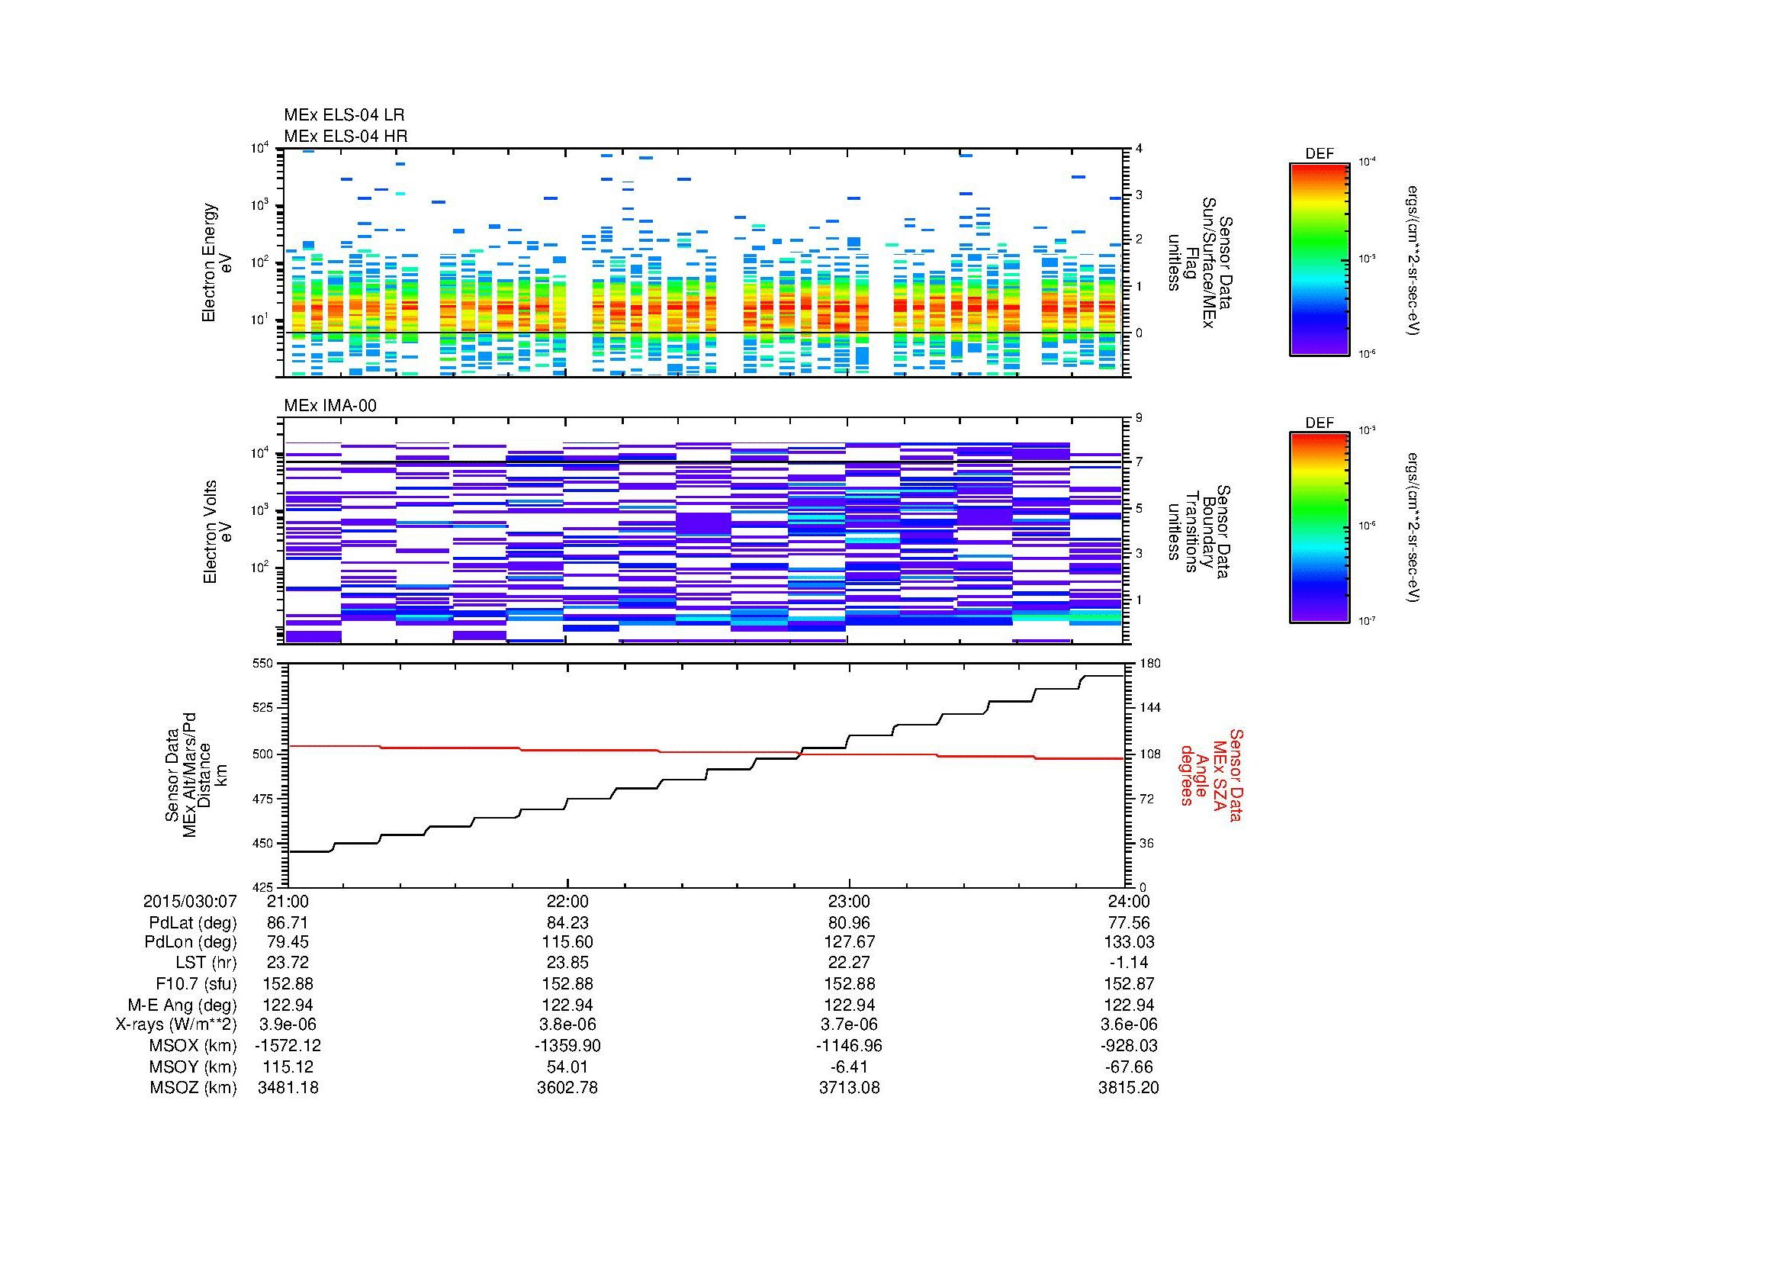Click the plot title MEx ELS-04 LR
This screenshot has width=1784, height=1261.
pyautogui.click(x=343, y=115)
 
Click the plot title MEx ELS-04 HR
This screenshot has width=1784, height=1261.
pyautogui.click(x=345, y=136)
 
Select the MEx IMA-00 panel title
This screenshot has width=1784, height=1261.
pyautogui.click(x=329, y=406)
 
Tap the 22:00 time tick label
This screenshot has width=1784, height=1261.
pyautogui.click(x=567, y=901)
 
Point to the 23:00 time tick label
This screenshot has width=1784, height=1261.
pyautogui.click(x=848, y=901)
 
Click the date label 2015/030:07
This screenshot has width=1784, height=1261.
pyautogui.click(x=190, y=901)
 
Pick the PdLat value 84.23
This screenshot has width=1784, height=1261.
pyautogui.click(x=567, y=923)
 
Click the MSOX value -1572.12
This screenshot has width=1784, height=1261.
pyautogui.click(x=288, y=1046)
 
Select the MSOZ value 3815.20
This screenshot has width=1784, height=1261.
pyautogui.click(x=1128, y=1088)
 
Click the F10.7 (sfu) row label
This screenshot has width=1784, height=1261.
pyautogui.click(x=194, y=983)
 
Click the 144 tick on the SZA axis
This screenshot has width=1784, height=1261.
pyautogui.click(x=1151, y=708)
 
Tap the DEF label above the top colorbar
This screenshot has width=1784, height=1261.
pyautogui.click(x=1319, y=154)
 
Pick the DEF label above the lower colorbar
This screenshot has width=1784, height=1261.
pyautogui.click(x=1319, y=423)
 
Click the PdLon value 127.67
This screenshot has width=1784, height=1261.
pyautogui.click(x=848, y=941)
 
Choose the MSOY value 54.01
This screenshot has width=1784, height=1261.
pyautogui.click(x=567, y=1066)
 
